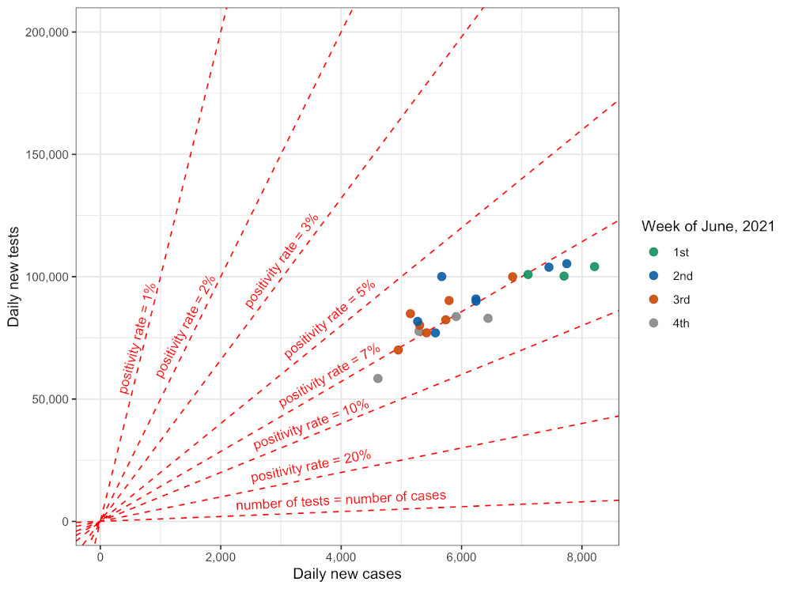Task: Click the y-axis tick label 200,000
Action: pos(50,32)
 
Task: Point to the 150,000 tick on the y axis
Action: pos(50,154)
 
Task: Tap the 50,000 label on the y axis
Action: pos(53,399)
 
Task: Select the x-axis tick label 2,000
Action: pos(220,557)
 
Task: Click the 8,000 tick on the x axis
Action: pos(582,557)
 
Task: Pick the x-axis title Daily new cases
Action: pos(346,574)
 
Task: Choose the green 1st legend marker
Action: pos(653,252)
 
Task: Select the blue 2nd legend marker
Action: pos(653,276)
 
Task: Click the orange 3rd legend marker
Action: pos(653,300)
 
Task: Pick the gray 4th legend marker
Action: pos(653,323)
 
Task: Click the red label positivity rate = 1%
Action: pos(138,338)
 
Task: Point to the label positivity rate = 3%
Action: pos(281,261)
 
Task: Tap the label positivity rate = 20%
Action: pos(311,466)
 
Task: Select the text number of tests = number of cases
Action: pos(341,500)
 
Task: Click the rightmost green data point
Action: pos(594,266)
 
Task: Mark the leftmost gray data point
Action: pos(377,379)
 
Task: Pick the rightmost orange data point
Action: pos(513,277)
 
